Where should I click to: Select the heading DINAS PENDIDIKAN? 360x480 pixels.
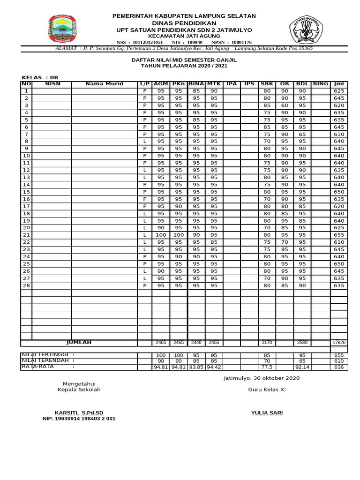coord(184,23)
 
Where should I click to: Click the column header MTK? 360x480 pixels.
coord(214,84)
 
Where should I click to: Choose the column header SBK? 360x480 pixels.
coord(267,84)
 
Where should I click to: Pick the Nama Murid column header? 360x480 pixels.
coord(104,84)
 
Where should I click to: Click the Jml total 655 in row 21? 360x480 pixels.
coord(339,235)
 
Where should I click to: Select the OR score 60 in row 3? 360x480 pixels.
coord(284,105)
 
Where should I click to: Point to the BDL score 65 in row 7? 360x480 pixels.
coord(302,134)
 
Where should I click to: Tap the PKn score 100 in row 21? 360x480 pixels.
coord(179,235)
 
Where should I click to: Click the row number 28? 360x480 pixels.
coord(26,285)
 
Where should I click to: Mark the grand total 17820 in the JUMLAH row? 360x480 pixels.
coord(339,343)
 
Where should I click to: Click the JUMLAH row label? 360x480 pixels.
coord(79,343)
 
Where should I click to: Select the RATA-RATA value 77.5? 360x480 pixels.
coord(267,367)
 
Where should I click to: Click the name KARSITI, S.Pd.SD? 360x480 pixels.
coord(79,412)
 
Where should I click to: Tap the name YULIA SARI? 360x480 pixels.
coord(267,412)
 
